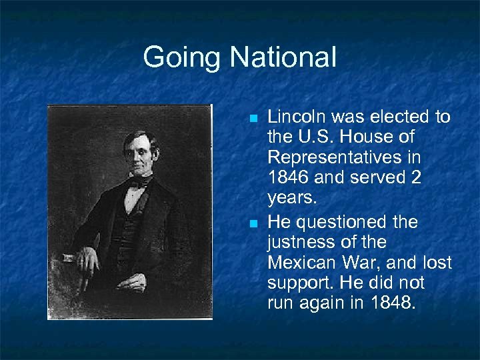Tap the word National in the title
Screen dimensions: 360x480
[x=283, y=57]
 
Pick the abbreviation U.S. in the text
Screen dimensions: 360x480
[x=314, y=138]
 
